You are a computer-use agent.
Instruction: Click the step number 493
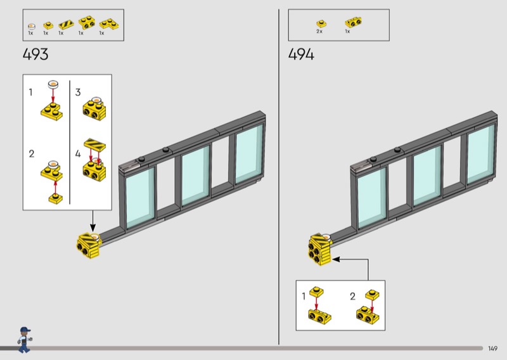click(x=35, y=54)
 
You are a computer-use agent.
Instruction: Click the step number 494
click(x=301, y=54)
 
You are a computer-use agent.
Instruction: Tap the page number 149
click(x=492, y=349)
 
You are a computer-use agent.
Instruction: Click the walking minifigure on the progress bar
click(x=24, y=340)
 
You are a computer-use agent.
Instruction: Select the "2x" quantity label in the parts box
click(x=319, y=32)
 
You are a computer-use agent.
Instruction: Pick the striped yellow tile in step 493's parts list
click(x=66, y=25)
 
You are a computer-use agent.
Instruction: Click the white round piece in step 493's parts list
click(x=31, y=26)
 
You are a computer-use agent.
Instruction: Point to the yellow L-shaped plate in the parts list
click(x=108, y=24)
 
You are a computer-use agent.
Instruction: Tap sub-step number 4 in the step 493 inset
click(x=78, y=153)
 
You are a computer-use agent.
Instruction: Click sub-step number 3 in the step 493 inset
click(x=78, y=92)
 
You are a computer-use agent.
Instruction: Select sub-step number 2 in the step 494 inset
click(x=353, y=296)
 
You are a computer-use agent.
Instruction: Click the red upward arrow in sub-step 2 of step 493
click(x=55, y=187)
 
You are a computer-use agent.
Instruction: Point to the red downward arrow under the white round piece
click(x=53, y=95)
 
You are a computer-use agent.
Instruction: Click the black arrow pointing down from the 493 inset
click(x=93, y=221)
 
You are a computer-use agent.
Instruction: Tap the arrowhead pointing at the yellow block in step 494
click(x=336, y=259)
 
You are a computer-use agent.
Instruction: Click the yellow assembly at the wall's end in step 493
click(x=89, y=245)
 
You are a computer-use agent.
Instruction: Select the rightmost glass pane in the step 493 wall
click(x=249, y=154)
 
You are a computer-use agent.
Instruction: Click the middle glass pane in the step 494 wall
click(x=427, y=176)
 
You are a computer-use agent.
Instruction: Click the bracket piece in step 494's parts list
click(x=353, y=22)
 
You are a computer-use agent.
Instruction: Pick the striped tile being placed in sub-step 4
click(x=94, y=145)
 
